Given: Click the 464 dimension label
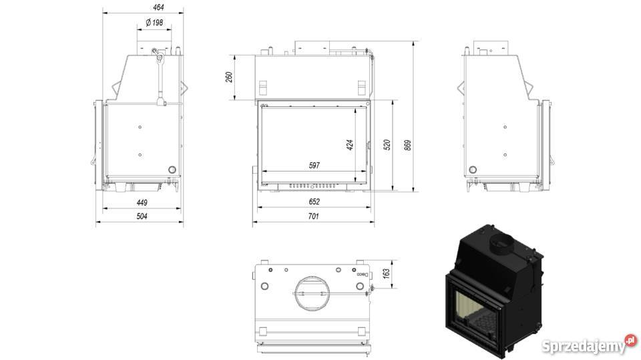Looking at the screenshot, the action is pos(158,7).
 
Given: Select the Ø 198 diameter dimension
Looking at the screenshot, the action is pos(154,23).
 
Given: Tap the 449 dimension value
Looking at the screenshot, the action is pos(142,202).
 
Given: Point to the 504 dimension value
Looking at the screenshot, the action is pos(142,216).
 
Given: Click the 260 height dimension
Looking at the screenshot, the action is pos(229,77).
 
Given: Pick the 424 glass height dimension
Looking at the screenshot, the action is pos(349,145).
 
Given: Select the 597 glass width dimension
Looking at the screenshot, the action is pos(314,165).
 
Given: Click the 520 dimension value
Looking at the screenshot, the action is pos(387,145).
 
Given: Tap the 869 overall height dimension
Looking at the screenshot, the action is pos(407,145).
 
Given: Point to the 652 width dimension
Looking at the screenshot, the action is pos(314,202).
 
